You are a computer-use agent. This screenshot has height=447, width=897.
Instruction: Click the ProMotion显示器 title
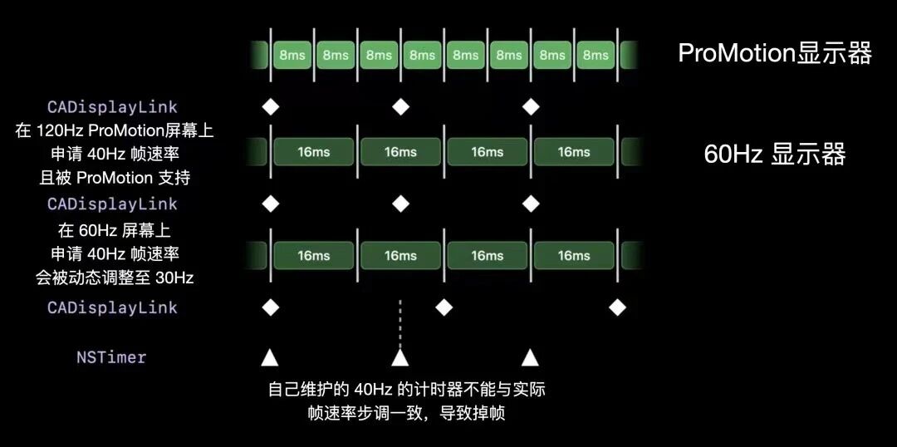point(774,53)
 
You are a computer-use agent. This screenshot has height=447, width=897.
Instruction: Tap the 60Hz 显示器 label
point(774,155)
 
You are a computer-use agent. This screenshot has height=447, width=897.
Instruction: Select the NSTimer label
point(111,357)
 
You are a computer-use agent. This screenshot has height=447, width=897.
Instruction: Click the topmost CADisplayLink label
point(112,107)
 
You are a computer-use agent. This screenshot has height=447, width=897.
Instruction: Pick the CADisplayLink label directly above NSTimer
point(112,307)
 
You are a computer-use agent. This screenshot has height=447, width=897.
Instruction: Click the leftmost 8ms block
point(292,56)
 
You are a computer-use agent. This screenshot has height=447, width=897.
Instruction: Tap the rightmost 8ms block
point(596,56)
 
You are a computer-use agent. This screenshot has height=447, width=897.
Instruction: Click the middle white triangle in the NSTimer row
point(400,358)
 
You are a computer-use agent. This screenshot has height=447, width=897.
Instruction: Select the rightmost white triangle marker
point(530,358)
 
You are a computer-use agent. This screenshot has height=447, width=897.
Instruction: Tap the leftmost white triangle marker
point(269,358)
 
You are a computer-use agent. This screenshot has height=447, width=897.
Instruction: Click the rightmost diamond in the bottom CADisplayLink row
point(617,307)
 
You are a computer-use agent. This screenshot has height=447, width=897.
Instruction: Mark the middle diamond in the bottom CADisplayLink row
point(444,307)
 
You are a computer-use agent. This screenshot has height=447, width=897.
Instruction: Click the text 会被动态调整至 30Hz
point(115,278)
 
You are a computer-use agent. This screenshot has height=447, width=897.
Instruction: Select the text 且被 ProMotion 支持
point(115,178)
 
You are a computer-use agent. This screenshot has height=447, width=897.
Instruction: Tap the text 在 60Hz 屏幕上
point(115,229)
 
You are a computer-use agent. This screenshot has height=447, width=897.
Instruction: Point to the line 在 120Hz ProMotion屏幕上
point(115,130)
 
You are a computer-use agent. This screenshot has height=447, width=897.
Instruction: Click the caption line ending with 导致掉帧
point(406,412)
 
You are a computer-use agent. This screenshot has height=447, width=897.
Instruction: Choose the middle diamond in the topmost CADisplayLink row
point(401,106)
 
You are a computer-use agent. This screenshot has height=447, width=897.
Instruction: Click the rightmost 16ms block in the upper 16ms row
point(574,152)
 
